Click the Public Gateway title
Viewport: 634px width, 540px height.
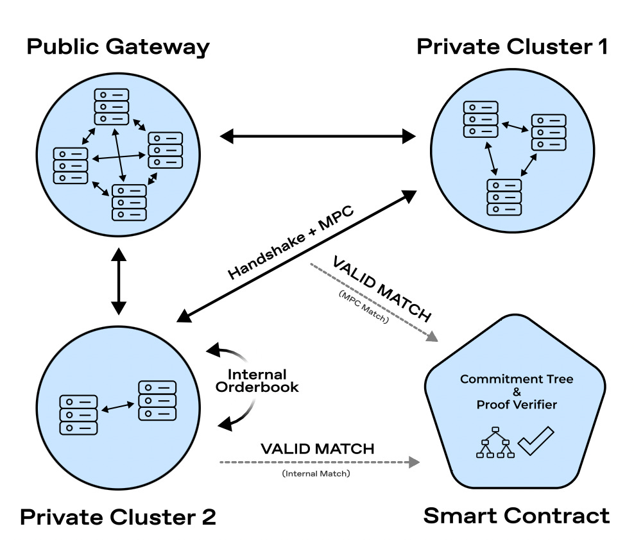tap(118, 47)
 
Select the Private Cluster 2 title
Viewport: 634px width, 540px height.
tap(118, 517)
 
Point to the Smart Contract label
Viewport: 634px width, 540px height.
tap(517, 516)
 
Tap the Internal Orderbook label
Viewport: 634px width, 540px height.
tap(257, 381)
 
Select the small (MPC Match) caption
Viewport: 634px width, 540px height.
tap(363, 307)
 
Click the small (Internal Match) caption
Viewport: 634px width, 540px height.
tap(316, 473)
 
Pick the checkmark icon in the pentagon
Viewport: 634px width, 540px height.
tap(536, 441)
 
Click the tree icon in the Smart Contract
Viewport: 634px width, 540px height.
tap(495, 442)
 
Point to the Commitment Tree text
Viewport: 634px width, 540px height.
tap(517, 379)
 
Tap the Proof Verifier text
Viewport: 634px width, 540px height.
tap(517, 405)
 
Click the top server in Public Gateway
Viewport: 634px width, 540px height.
tap(112, 106)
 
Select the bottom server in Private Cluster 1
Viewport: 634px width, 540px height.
tap(504, 198)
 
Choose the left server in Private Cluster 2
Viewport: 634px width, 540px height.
tap(78, 415)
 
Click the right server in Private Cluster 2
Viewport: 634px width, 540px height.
tap(157, 401)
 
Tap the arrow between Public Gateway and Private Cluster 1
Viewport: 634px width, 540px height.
tap(318, 136)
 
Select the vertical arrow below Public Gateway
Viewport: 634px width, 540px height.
tap(119, 282)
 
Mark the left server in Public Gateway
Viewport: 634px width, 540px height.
tap(71, 165)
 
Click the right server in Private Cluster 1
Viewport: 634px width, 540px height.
tap(549, 132)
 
